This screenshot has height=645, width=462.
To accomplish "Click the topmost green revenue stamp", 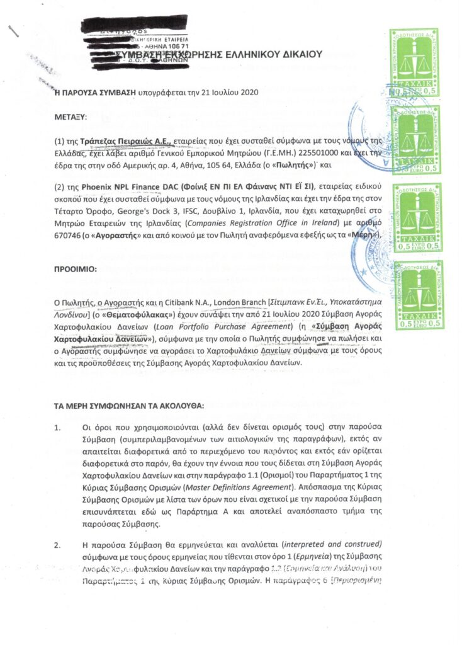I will (414, 62).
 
